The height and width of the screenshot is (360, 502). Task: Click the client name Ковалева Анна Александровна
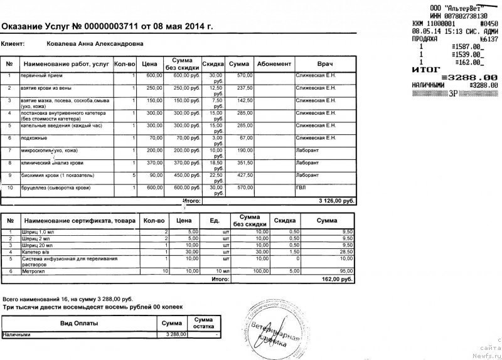click(95, 45)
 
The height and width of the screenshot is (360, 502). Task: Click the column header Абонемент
click(274, 64)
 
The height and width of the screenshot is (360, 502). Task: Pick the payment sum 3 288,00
click(175, 335)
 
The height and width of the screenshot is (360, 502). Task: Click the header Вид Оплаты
click(78, 323)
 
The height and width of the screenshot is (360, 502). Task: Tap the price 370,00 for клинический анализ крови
click(154, 162)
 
